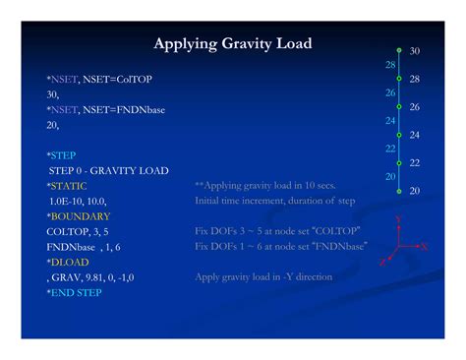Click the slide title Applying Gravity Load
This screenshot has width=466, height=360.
pyautogui.click(x=233, y=44)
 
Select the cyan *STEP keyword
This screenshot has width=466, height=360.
pyautogui.click(x=61, y=155)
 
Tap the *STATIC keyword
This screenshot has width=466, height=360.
pyautogui.click(x=65, y=185)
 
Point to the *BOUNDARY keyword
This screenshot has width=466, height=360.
pyautogui.click(x=78, y=215)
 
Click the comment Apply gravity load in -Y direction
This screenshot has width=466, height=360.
pyautogui.click(x=263, y=277)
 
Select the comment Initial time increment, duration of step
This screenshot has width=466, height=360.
pyautogui.click(x=274, y=200)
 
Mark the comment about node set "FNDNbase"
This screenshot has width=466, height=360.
pyautogui.click(x=279, y=246)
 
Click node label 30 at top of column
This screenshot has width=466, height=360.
pyautogui.click(x=414, y=50)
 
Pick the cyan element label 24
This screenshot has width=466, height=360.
pyautogui.click(x=390, y=120)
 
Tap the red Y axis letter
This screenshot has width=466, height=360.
pyautogui.click(x=398, y=220)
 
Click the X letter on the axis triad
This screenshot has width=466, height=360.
pyautogui.click(x=423, y=248)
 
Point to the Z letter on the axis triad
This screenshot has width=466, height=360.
pyautogui.click(x=381, y=263)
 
